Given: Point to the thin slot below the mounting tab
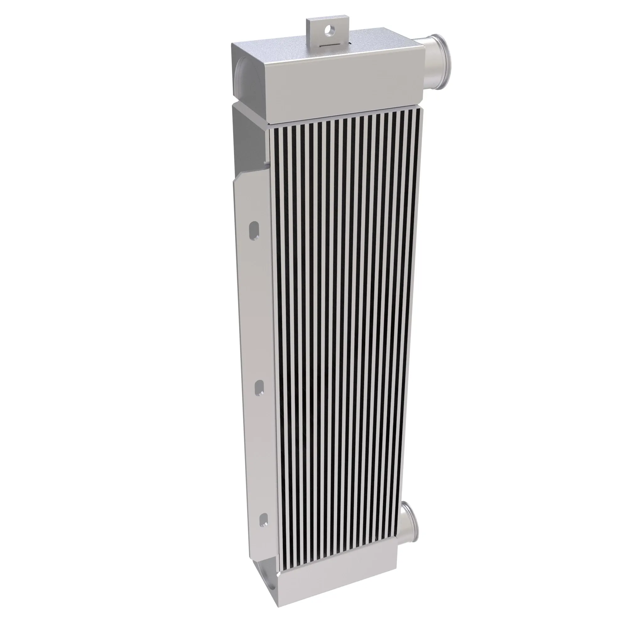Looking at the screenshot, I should (332, 45).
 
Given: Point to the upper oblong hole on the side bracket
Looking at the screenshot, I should (254, 231).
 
